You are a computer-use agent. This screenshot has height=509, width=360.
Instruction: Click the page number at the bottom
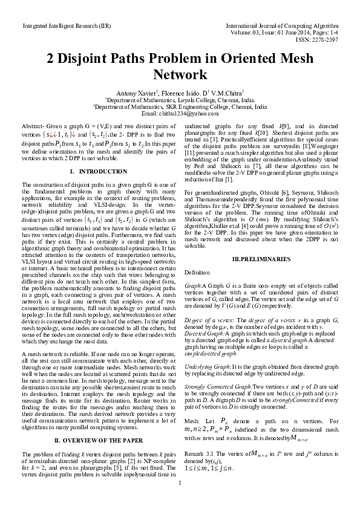(180, 499)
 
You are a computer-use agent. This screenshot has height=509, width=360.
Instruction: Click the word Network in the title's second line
(179, 75)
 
